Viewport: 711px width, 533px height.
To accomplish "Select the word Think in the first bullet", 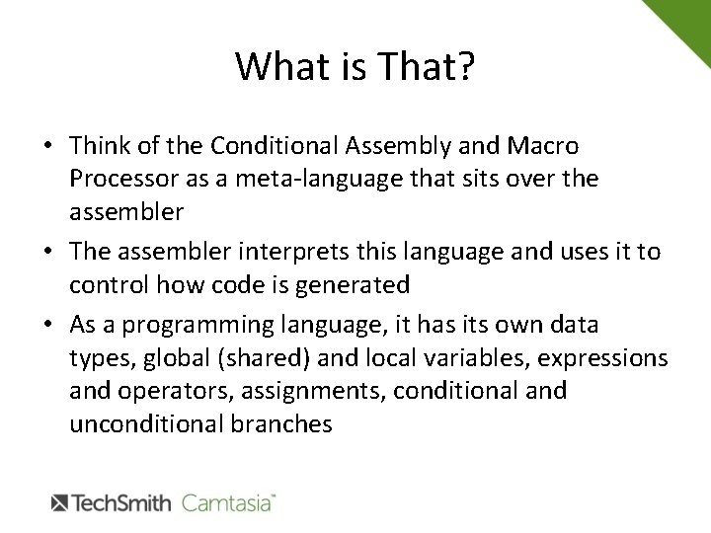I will pyautogui.click(x=100, y=146).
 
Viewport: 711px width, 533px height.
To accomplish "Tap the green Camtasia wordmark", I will pyautogui.click(x=227, y=501).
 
